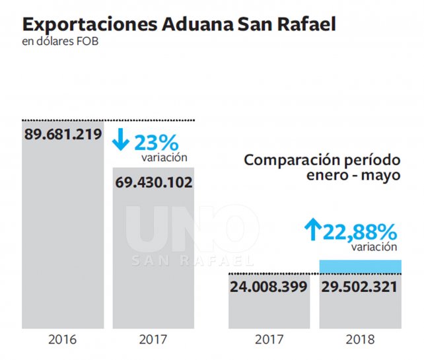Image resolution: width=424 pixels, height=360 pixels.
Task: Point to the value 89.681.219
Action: (63, 134)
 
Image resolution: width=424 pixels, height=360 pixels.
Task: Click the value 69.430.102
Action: (153, 182)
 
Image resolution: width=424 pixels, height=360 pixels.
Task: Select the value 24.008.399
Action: (269, 287)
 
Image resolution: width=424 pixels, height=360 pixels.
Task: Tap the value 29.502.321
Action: (360, 287)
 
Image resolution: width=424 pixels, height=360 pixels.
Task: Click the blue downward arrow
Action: (122, 141)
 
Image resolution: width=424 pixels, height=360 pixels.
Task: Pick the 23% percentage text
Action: (157, 142)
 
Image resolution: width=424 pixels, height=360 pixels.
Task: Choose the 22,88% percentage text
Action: (360, 232)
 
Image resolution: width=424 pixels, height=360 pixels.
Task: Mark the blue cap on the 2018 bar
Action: (360, 266)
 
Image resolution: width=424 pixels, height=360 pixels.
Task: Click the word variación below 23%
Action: (164, 158)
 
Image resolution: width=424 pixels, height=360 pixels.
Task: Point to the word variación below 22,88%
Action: (374, 247)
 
